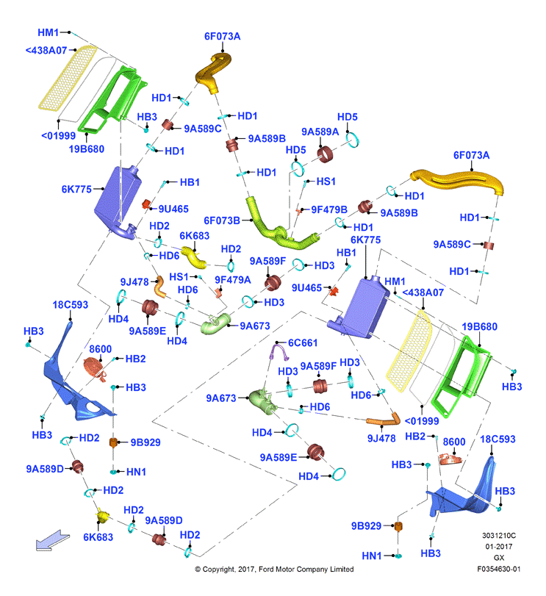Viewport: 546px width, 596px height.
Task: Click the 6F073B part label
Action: coord(222,220)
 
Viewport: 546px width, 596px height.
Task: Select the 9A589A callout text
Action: coord(320,132)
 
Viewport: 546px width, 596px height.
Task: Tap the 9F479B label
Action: coord(329,209)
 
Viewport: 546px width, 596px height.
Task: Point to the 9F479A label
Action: coord(232,280)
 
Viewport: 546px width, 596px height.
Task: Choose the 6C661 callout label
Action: coord(303,343)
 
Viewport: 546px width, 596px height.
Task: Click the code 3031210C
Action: coord(499,536)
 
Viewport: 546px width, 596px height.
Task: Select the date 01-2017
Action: coord(499,547)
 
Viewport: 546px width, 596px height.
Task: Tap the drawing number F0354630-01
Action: coord(499,569)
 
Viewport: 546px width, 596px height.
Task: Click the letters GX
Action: coord(499,558)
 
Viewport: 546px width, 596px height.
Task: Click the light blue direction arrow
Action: coord(52,540)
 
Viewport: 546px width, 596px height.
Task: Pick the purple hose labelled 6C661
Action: coord(279,351)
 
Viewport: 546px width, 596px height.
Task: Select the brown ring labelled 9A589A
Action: coord(325,154)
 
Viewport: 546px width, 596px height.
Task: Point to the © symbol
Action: coord(198,570)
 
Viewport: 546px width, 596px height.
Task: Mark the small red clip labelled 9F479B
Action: coord(298,211)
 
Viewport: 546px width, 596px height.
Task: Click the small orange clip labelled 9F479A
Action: coord(218,292)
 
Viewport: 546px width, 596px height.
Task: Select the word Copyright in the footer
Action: coord(218,570)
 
